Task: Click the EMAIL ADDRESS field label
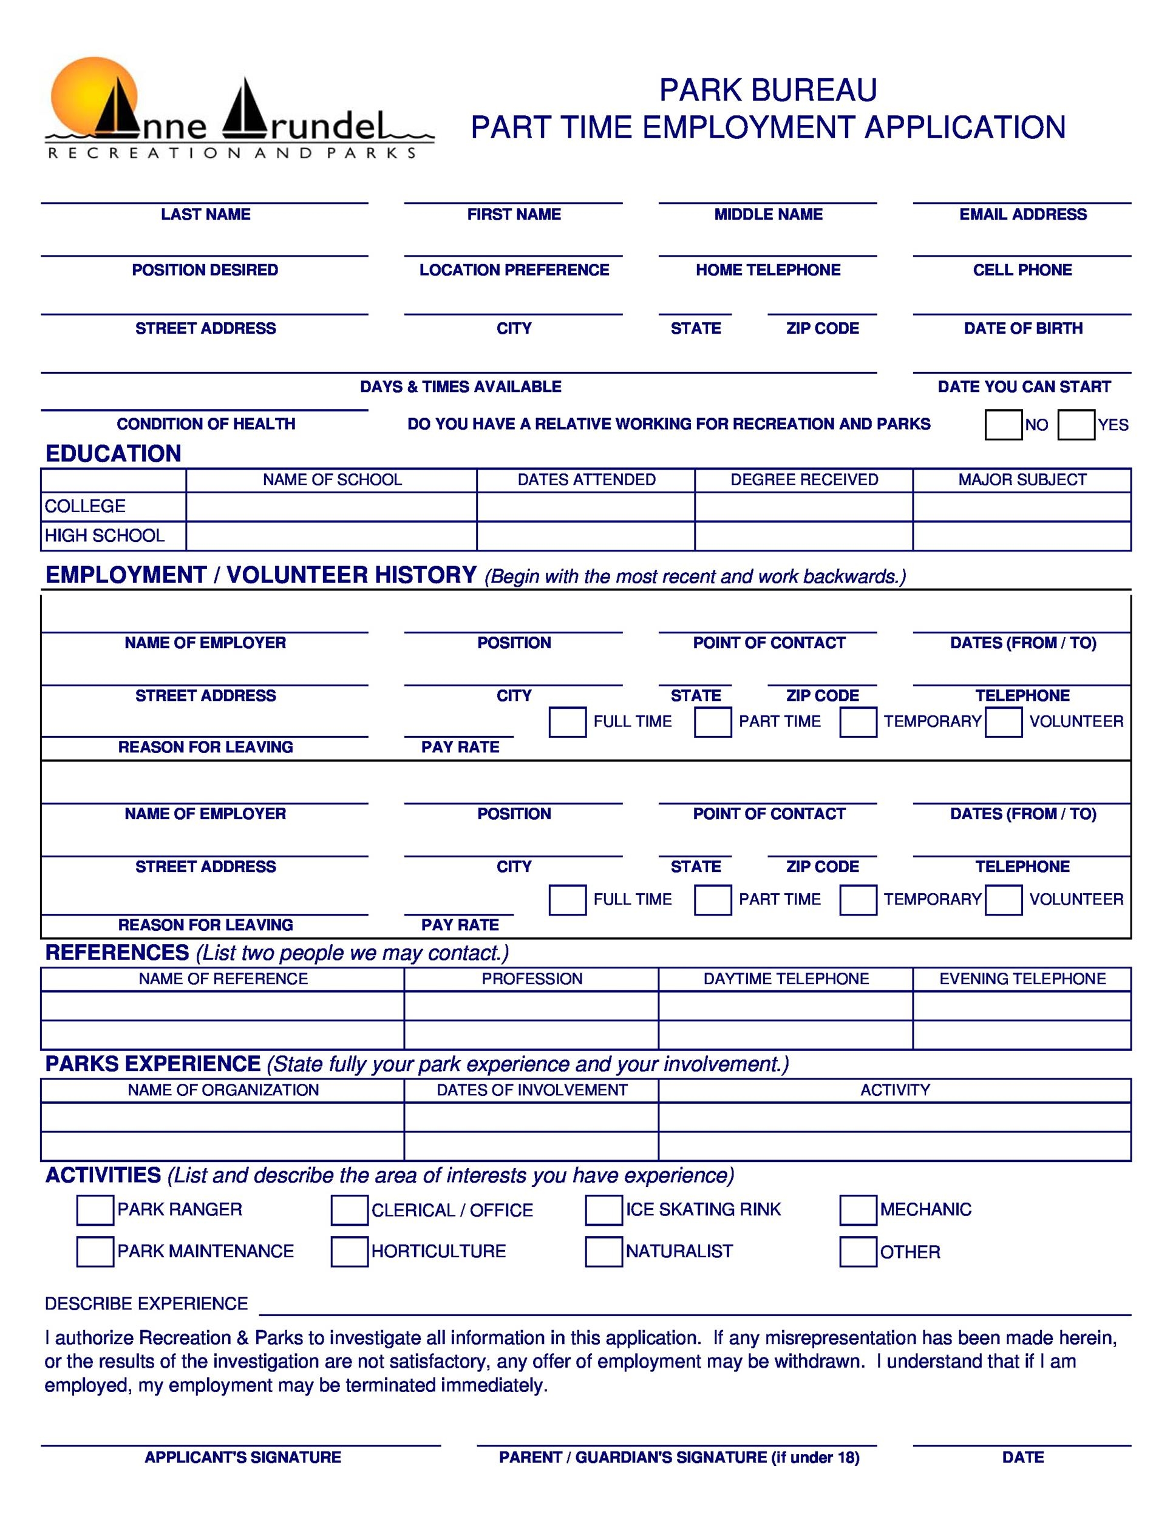(1022, 215)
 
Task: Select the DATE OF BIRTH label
(1022, 328)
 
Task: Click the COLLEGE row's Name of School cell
(331, 506)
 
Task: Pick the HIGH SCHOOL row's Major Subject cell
(1021, 536)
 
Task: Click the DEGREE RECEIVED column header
(803, 480)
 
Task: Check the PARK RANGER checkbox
(95, 1210)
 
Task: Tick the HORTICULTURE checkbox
(349, 1252)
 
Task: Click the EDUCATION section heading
(114, 453)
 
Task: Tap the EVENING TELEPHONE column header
(1021, 979)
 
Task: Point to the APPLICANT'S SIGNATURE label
(242, 1458)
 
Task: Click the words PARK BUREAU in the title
(767, 90)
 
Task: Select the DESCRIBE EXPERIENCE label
(146, 1304)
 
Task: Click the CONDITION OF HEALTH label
(206, 424)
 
